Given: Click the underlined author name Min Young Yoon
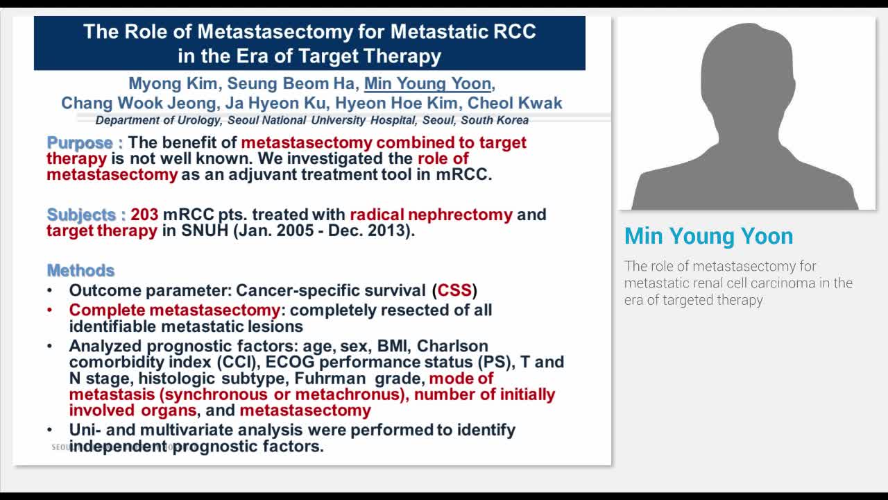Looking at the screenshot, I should tap(427, 84).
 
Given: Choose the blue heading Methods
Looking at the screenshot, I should tap(80, 270).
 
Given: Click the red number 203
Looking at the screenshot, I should tap(144, 215).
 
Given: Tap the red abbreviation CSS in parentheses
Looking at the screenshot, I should tap(454, 290).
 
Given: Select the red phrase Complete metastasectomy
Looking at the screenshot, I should tap(174, 310).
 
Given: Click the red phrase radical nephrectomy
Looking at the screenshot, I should tap(431, 215).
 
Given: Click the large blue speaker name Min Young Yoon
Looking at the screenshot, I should tap(708, 236).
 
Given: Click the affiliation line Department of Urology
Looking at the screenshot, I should tap(312, 120).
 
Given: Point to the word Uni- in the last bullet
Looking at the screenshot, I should tap(85, 430).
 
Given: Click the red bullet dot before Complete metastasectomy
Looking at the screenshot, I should tap(49, 310).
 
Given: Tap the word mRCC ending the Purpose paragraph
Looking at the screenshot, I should tap(463, 174).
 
